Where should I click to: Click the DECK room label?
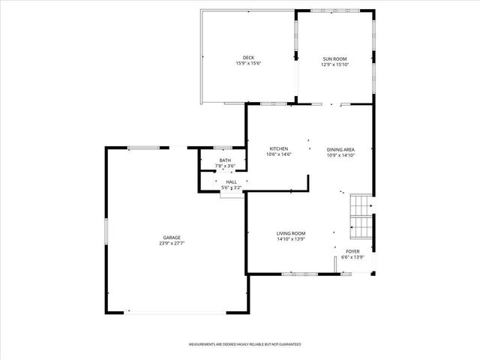pos(248,58)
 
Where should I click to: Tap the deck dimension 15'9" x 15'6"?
pos(248,64)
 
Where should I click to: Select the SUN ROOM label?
pos(335,58)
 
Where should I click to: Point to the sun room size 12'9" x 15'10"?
pos(335,64)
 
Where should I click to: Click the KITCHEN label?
pos(278,148)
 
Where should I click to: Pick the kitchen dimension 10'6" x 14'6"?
pos(278,154)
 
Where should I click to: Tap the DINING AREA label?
pos(340,149)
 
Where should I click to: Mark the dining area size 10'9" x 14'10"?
pos(340,155)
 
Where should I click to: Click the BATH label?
pos(225,160)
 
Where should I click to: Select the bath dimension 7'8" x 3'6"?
pos(225,166)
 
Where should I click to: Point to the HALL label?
pos(231,182)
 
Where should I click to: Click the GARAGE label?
pos(172,237)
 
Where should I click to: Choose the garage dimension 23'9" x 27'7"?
pos(172,243)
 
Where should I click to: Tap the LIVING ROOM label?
pos(291,233)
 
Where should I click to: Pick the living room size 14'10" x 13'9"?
pos(291,239)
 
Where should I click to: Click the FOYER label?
pos(352,251)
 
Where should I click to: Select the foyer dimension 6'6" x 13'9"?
pos(352,257)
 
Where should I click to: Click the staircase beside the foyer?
pos(361,215)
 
